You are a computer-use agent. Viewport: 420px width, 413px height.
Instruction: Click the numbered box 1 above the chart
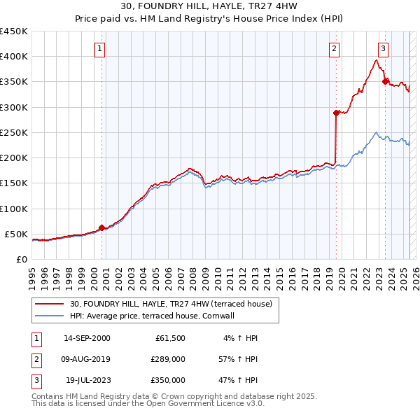(101, 49)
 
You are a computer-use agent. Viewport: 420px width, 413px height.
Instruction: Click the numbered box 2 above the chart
(335, 49)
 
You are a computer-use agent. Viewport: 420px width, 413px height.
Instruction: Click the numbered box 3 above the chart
(384, 49)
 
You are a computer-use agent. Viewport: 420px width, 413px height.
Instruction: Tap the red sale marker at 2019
(336, 113)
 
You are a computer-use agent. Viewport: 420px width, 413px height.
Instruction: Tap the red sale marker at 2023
(385, 81)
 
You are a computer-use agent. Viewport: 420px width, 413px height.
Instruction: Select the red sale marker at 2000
(101, 227)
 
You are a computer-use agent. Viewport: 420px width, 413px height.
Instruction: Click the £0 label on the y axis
(22, 259)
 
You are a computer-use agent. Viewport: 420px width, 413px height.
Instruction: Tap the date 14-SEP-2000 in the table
(87, 338)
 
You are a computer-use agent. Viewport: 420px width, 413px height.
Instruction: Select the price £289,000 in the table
(168, 359)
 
